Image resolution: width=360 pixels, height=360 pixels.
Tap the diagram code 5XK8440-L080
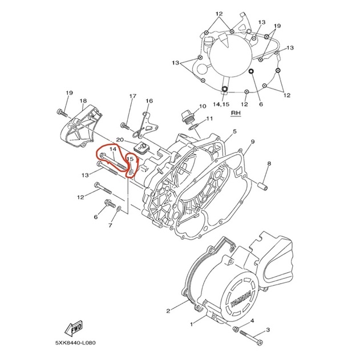tap(75, 343)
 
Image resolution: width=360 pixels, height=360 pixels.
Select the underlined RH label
tap(236, 113)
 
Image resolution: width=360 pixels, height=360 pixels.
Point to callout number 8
tap(269, 164)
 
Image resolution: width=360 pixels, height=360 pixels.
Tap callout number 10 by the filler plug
tap(203, 106)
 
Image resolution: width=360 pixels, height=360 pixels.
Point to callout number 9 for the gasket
tap(253, 141)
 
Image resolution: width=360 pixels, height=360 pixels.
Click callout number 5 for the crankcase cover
tap(234, 132)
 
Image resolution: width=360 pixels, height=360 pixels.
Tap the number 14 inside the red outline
tap(113, 149)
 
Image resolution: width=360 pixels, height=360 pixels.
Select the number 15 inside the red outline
tap(130, 159)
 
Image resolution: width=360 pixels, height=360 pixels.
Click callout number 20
tap(120, 140)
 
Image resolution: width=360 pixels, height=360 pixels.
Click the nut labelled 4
tap(236, 329)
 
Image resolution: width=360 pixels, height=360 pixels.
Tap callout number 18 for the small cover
tap(83, 101)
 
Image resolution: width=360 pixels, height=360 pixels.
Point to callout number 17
tap(133, 96)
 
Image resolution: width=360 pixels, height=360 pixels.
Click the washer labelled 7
tap(119, 208)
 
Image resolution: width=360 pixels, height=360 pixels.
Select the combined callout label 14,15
tap(221, 104)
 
